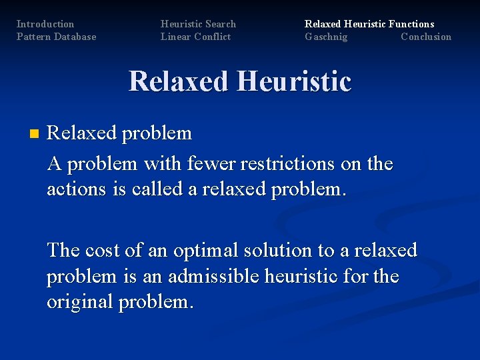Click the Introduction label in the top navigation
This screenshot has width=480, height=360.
(45, 24)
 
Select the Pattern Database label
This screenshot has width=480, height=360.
(56, 37)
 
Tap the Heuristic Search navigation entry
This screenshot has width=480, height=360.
(198, 24)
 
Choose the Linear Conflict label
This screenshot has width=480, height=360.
(195, 37)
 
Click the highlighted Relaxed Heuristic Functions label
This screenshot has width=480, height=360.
(369, 24)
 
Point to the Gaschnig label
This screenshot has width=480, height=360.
(326, 37)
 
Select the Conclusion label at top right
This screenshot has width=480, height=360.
(426, 37)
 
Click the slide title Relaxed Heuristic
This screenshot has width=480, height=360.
(240, 81)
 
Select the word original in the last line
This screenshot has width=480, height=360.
(80, 302)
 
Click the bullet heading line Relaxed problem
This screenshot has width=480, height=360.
(119, 133)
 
